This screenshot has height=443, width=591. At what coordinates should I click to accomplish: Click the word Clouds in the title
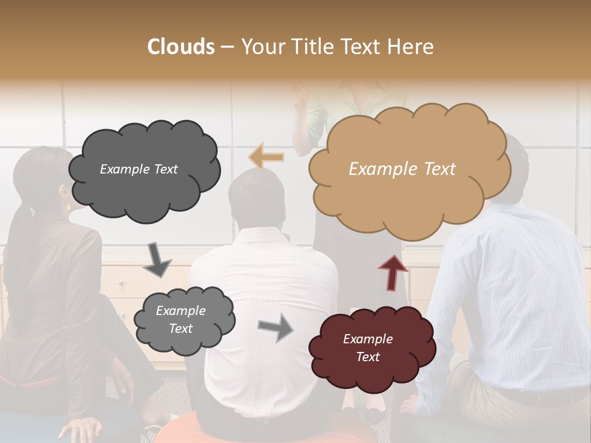click(181, 47)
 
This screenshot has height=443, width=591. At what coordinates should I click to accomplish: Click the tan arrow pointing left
click(266, 157)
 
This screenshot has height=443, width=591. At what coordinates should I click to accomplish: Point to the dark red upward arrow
click(392, 271)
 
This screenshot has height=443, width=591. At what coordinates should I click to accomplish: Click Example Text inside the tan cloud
click(402, 169)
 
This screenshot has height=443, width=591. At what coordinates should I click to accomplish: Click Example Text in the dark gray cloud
click(139, 169)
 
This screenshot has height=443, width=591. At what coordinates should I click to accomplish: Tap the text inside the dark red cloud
click(368, 348)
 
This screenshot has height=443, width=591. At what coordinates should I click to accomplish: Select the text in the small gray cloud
click(180, 320)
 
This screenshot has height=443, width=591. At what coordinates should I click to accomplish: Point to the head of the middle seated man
click(255, 197)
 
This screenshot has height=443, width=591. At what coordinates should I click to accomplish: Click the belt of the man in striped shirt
click(529, 397)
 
